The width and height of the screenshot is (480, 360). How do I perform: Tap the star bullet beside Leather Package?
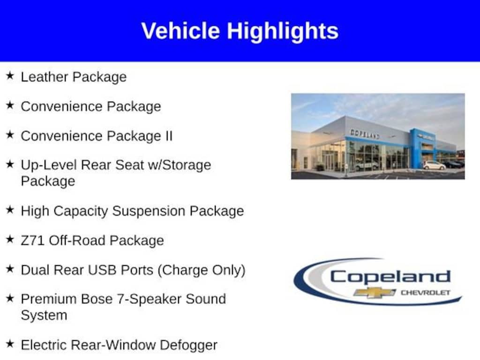click(10, 75)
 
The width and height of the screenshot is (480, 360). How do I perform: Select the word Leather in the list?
click(45, 76)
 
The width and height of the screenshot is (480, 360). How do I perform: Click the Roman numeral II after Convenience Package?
click(169, 135)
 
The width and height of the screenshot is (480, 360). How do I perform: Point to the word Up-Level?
click(49, 165)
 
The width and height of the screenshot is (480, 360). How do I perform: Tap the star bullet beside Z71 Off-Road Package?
click(10, 239)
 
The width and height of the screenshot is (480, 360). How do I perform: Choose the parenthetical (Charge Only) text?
click(201, 270)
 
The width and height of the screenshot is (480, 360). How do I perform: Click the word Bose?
click(97, 299)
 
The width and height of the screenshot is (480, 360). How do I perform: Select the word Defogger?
click(188, 345)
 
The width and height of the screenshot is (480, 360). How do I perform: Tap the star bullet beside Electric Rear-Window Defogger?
click(10, 344)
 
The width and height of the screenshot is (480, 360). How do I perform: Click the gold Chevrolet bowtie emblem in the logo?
click(375, 292)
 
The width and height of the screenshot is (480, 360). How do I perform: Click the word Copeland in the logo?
click(390, 277)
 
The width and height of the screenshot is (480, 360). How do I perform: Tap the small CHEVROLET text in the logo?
click(426, 292)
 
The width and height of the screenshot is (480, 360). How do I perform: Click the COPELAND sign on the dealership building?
click(365, 134)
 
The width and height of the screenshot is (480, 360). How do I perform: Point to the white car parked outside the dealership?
click(434, 165)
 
